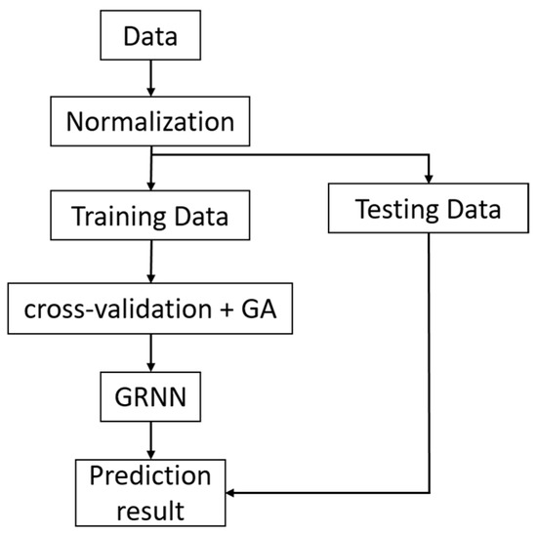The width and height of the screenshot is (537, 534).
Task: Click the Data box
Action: (149, 38)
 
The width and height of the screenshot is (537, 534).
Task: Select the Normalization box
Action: (149, 124)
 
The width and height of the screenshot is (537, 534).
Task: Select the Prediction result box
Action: (149, 490)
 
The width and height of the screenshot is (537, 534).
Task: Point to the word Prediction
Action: (149, 476)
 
